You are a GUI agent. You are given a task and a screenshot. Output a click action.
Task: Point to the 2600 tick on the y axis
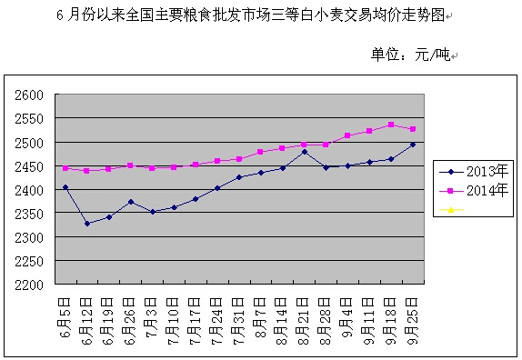click(x=30, y=95)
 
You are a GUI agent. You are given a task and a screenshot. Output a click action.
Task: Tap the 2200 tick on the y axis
click(x=30, y=285)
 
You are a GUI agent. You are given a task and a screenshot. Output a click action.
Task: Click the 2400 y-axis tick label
click(x=30, y=190)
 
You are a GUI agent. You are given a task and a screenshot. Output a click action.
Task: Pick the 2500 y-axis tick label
click(x=30, y=143)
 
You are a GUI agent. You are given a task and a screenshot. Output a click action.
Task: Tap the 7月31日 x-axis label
click(x=238, y=315)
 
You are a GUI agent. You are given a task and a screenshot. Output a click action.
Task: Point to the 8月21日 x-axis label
click(x=304, y=315)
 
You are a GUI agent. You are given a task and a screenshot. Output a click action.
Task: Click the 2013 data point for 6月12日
click(x=87, y=224)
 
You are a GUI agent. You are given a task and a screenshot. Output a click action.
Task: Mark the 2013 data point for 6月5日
click(x=65, y=187)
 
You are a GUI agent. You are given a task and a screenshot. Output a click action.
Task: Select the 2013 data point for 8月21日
click(x=305, y=152)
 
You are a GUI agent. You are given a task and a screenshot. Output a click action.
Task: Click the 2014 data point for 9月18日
click(x=391, y=125)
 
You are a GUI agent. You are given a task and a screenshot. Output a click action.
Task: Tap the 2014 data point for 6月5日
click(x=65, y=168)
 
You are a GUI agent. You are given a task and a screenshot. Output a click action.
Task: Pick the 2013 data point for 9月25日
click(x=413, y=145)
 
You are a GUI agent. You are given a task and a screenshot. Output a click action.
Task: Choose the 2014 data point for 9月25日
click(x=413, y=129)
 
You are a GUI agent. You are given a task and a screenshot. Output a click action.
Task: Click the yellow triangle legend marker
click(x=447, y=210)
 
